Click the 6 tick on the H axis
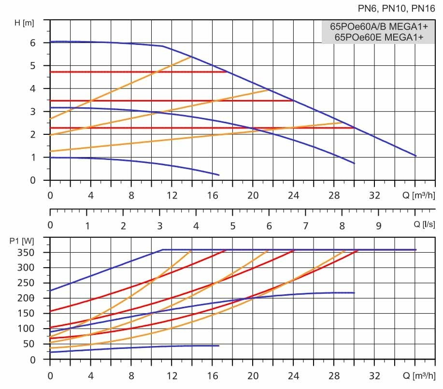pyautogui.click(x=33, y=43)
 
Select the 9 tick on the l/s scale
pyautogui.click(x=378, y=226)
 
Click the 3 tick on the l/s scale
pyautogui.click(x=160, y=226)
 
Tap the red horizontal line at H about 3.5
pyautogui.click(x=169, y=101)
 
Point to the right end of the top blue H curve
pyautogui.click(x=415, y=156)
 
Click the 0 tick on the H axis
pyautogui.click(x=33, y=180)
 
